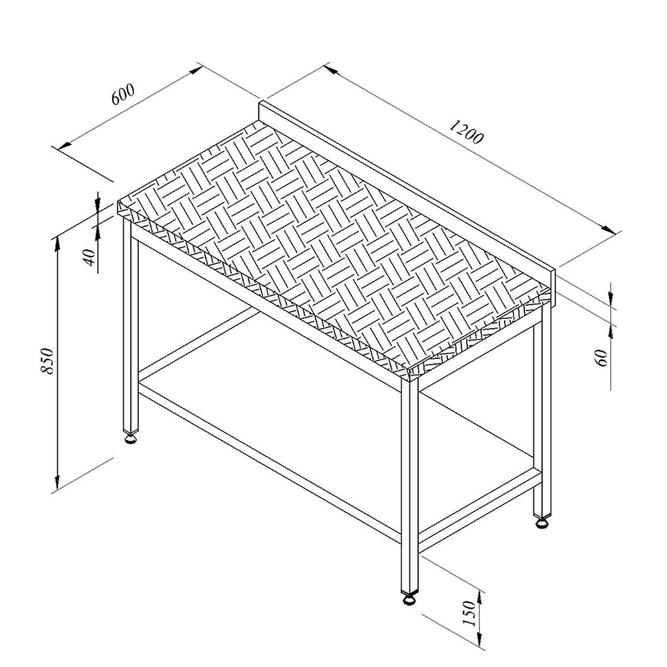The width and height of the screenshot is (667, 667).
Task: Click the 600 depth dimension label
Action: (x=122, y=94)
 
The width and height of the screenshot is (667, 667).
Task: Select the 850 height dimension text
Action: (x=46, y=361)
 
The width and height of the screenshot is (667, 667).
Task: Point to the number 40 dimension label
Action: (x=90, y=257)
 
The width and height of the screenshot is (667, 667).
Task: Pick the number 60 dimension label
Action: (x=602, y=357)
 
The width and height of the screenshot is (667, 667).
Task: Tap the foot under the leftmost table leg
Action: (x=131, y=439)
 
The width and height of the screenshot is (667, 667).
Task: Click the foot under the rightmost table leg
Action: (x=542, y=522)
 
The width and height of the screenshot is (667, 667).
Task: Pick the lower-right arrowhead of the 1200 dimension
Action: (x=608, y=229)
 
